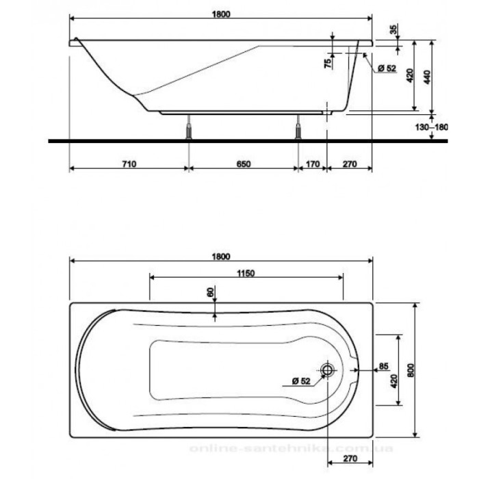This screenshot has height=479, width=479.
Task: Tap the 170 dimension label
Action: pyautogui.click(x=312, y=164)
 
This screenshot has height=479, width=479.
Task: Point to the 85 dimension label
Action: pyautogui.click(x=384, y=365)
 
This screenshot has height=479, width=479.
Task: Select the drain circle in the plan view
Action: pyautogui.click(x=328, y=370)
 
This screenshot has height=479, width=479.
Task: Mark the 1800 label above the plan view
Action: pyautogui.click(x=221, y=256)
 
